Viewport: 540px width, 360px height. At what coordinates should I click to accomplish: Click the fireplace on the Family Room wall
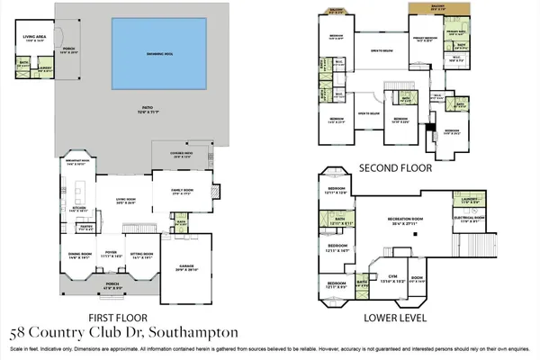click(x=214, y=191)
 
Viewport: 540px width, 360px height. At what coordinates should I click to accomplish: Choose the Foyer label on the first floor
click(x=112, y=255)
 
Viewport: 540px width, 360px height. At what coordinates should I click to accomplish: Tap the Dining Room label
click(x=80, y=255)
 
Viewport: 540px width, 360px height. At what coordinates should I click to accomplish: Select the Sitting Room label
click(x=142, y=255)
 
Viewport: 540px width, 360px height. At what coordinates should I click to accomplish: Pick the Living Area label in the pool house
click(x=33, y=38)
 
